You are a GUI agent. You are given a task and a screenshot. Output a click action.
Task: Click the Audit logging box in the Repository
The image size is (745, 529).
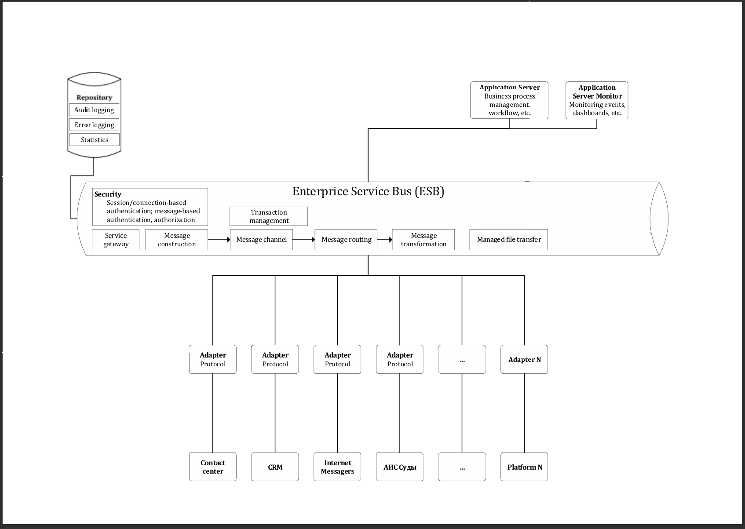tap(94, 110)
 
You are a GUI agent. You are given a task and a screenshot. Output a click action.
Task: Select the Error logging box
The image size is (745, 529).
tap(94, 125)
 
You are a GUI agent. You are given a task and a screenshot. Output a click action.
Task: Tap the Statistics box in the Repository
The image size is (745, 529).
tap(95, 140)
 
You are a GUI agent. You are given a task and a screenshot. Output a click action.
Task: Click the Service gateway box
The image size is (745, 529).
tap(116, 240)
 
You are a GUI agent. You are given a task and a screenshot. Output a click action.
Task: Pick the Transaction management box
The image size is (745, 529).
tap(269, 216)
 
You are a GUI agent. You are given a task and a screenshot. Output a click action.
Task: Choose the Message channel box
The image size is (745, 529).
tap(261, 240)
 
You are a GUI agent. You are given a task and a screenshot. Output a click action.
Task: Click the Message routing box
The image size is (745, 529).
tap(346, 240)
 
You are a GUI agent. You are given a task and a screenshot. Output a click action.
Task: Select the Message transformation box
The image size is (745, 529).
tap(424, 240)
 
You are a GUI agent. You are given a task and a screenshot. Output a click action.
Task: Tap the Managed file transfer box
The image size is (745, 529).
tap(508, 240)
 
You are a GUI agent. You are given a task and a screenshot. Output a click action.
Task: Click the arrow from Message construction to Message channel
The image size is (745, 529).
tap(219, 240)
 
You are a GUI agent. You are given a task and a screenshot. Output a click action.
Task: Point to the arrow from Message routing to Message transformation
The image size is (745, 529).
tap(385, 240)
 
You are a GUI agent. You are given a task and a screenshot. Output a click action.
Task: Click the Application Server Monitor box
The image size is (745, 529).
tap(597, 100)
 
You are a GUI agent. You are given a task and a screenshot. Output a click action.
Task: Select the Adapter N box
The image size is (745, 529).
tap(524, 359)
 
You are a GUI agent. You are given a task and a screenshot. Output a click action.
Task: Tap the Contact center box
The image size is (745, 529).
tap(213, 467)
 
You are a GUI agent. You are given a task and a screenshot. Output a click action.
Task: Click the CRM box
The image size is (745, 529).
tap(275, 467)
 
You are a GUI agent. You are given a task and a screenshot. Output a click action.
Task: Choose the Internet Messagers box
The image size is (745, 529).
tap(337, 467)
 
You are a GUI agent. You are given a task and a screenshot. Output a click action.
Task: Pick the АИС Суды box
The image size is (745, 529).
tap(400, 467)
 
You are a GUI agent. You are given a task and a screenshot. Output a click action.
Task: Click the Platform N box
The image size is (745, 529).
tap(524, 467)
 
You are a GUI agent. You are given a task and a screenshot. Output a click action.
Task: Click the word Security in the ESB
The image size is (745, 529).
tap(108, 194)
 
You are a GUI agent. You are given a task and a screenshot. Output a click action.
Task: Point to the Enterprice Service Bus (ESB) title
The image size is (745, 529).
tap(368, 192)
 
